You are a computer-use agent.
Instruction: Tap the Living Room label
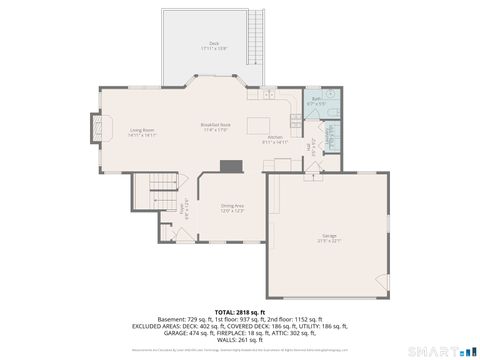pos(141,131)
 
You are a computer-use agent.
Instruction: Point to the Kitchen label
pos(274,139)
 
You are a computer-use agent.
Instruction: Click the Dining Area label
pos(232,208)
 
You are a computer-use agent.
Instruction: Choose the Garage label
pos(329,239)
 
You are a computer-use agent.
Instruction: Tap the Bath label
pos(315,101)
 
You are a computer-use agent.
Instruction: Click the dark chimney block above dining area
pos(232,166)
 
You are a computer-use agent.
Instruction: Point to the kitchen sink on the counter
pos(269,94)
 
